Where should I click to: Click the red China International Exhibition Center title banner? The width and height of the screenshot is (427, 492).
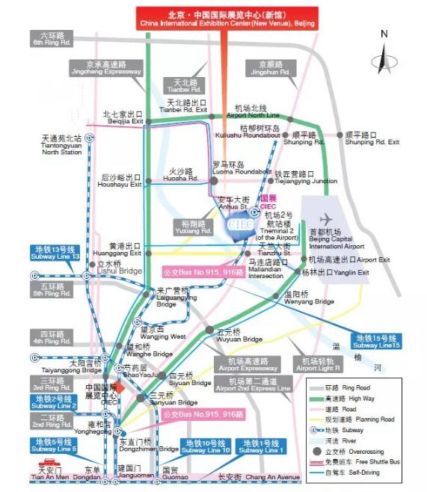click(x=225, y=19)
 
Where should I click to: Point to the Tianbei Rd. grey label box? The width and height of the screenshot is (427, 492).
click(x=185, y=85)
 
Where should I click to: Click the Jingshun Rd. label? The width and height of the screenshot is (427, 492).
click(x=265, y=69)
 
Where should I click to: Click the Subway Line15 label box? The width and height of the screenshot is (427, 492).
click(x=378, y=341)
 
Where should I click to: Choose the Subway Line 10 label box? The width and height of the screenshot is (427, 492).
click(x=206, y=446)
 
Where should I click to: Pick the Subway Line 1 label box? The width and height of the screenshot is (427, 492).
click(x=261, y=446)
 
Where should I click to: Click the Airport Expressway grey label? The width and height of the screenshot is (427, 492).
click(x=237, y=364)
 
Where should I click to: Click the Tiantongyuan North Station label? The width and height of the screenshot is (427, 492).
click(x=63, y=144)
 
